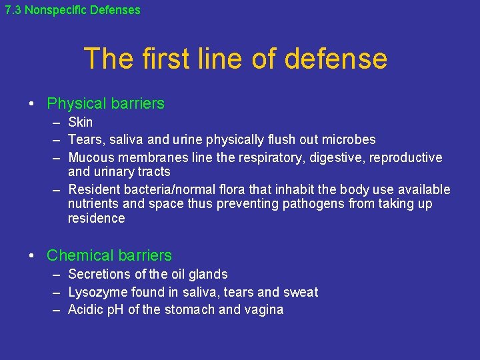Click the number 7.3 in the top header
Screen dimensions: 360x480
pos(13,10)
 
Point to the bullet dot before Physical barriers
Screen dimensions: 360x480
pos(31,104)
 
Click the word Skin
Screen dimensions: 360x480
pos(81,122)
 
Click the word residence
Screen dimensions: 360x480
pos(96,218)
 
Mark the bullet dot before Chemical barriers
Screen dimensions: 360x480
pos(31,255)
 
